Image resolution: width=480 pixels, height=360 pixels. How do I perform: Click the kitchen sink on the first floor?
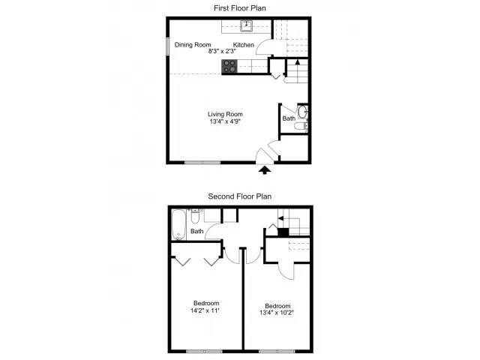pyautogui.click(x=247, y=26)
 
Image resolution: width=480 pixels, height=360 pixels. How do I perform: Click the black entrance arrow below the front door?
pyautogui.click(x=264, y=170)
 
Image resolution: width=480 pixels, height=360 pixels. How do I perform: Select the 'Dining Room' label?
pyautogui.click(x=193, y=45)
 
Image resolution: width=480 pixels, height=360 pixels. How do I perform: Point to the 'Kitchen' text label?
pyautogui.click(x=244, y=45)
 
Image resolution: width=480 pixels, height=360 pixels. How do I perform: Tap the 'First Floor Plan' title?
pyautogui.click(x=240, y=7)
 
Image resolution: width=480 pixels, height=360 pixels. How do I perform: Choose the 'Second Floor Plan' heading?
pyautogui.click(x=240, y=196)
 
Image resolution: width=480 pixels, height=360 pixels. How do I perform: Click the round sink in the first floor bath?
pyautogui.click(x=302, y=114)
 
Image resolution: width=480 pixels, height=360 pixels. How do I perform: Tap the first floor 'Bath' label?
pyautogui.click(x=289, y=118)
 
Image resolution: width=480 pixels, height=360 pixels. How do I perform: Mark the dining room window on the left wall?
pyautogui.click(x=167, y=45)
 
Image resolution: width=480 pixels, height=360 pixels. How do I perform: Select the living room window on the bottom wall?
pyautogui.click(x=202, y=163)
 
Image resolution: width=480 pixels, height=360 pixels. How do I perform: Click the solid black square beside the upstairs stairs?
pyautogui.click(x=283, y=231)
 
